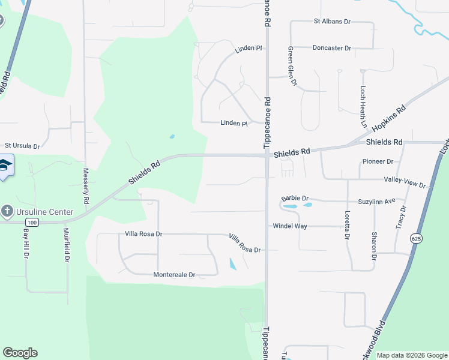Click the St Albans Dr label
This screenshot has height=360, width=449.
pos(332,21)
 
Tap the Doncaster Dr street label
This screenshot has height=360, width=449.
pos(331,47)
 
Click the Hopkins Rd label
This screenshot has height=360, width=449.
pos(389,118)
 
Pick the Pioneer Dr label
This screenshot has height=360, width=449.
pos(378,161)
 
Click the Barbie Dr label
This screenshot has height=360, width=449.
pos(295,198)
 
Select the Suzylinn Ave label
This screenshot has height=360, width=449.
pos(377,200)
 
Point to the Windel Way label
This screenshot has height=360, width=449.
pos(290,226)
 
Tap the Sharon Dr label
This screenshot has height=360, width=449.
pos(374,245)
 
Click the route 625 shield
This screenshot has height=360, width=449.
pos(415,239)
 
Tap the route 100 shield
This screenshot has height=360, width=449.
pos(32,223)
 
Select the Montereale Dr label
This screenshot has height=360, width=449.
pos(174,275)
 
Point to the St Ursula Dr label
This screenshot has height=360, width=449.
pos(22,146)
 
